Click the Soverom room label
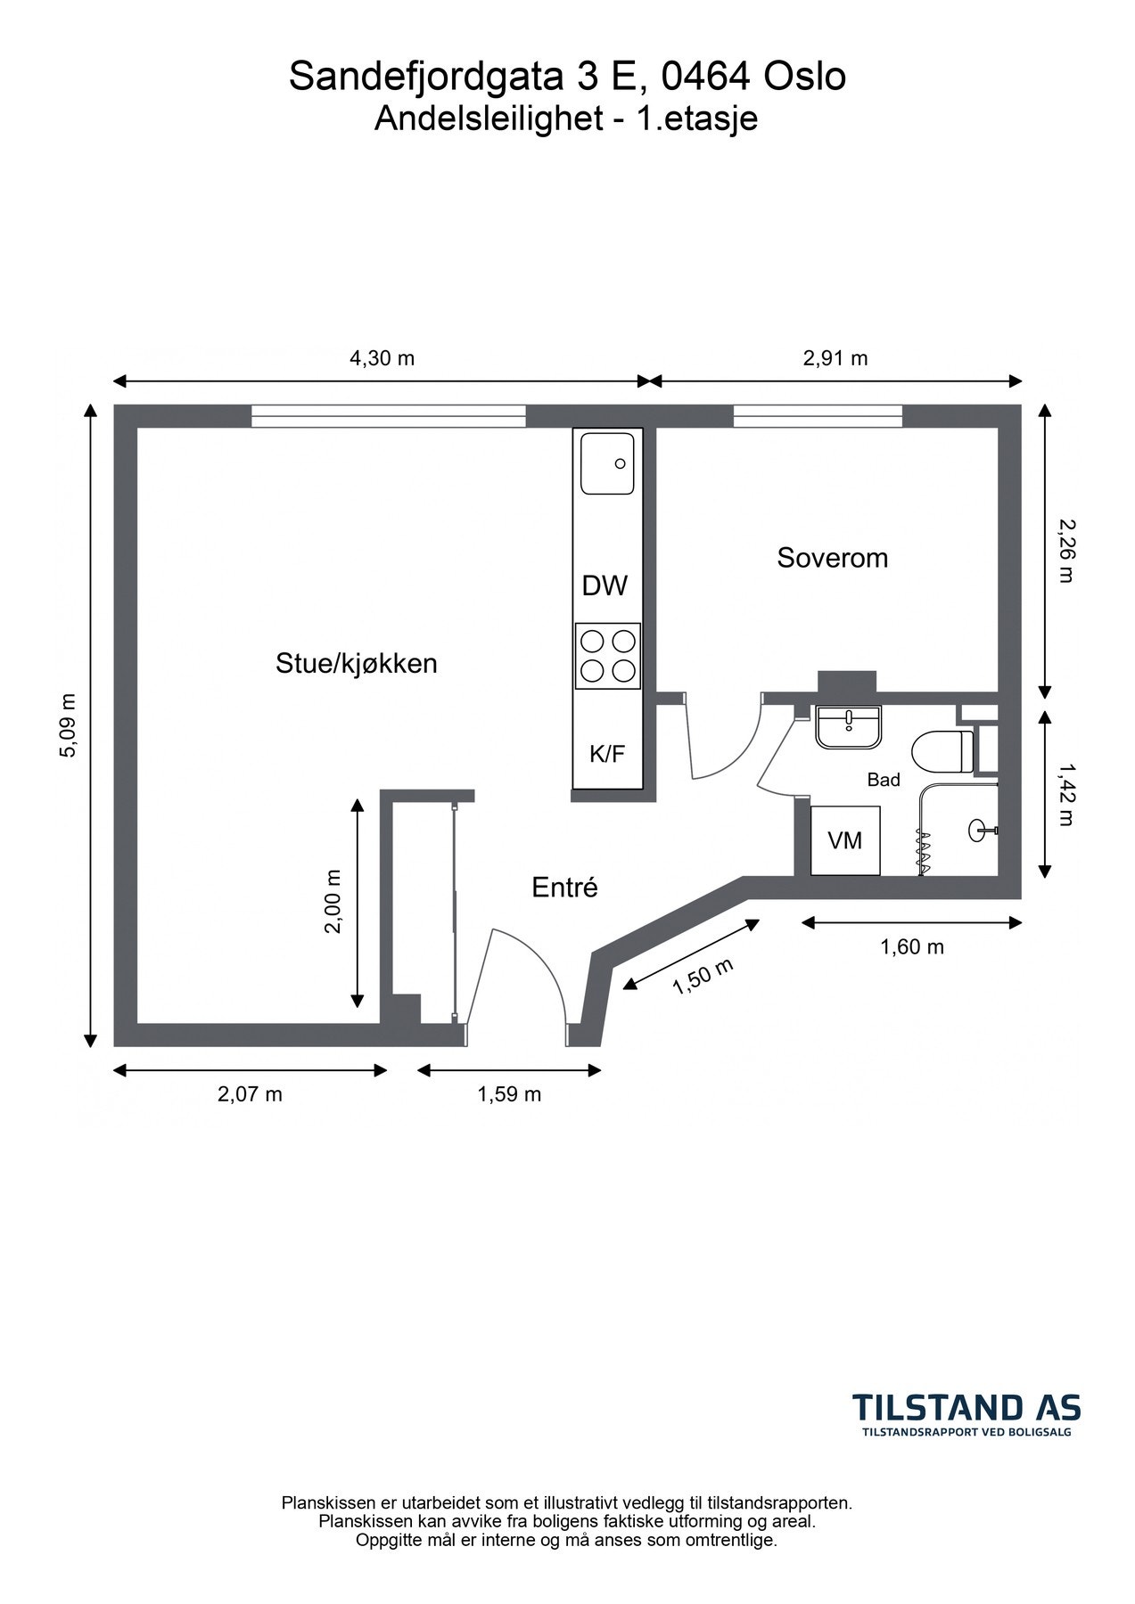click(x=832, y=558)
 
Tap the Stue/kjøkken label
click(x=356, y=664)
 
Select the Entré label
click(x=564, y=888)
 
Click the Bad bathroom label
click(x=884, y=780)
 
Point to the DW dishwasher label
click(x=605, y=586)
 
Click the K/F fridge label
click(x=606, y=755)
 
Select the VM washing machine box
click(x=845, y=840)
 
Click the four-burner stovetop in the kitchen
click(x=607, y=656)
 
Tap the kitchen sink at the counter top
click(x=607, y=463)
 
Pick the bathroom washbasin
click(x=848, y=726)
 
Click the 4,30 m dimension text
click(x=382, y=358)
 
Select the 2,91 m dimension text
click(x=835, y=358)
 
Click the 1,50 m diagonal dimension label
click(x=703, y=977)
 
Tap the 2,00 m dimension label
click(x=333, y=901)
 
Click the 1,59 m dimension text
click(x=509, y=1094)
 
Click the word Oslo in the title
click(x=805, y=78)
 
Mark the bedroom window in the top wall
click(x=818, y=416)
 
